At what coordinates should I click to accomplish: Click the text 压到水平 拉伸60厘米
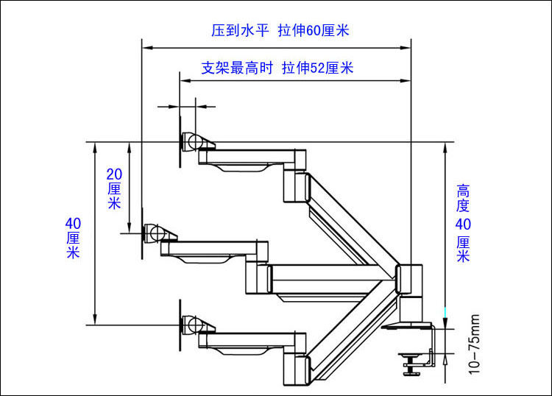tap(280, 31)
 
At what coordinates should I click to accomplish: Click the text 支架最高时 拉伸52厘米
tap(277, 68)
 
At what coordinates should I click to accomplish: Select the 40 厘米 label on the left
tap(73, 237)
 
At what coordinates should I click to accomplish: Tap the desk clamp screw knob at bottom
tap(411, 362)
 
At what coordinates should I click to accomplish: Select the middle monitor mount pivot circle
tap(155, 233)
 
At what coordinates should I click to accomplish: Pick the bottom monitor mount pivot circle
tap(193, 323)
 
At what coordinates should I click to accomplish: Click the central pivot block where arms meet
tap(408, 279)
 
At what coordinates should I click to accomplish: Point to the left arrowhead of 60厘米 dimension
tap(145, 48)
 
